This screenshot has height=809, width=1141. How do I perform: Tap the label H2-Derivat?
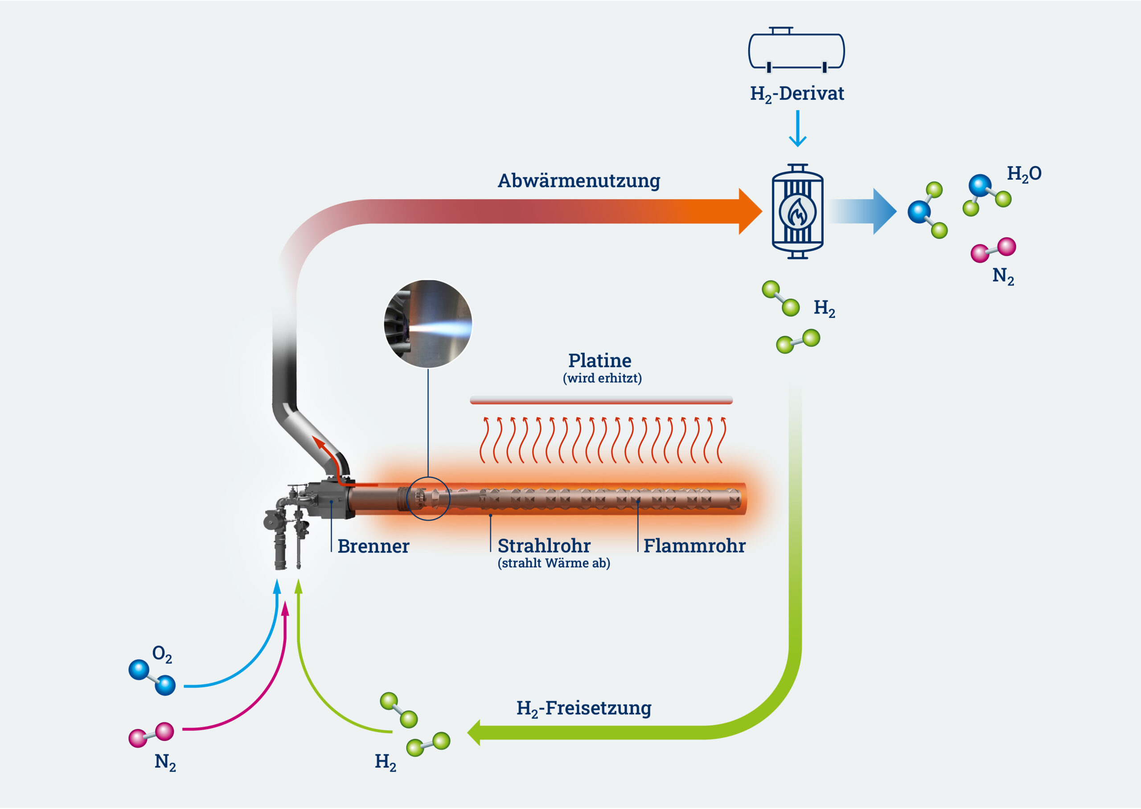[797, 94]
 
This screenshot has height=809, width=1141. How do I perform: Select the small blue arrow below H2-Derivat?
[797, 129]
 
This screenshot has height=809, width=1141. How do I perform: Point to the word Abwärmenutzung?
[579, 181]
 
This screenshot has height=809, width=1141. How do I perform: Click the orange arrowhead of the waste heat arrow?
[749, 212]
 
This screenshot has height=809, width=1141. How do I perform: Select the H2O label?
[1024, 174]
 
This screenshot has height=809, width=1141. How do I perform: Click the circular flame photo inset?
[428, 324]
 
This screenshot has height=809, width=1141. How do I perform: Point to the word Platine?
[599, 361]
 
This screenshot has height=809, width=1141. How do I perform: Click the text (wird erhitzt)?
[602, 378]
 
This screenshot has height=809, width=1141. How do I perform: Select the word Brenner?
[373, 546]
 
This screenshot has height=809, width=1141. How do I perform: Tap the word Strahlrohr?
[544, 546]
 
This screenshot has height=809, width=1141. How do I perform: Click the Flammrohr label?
[694, 546]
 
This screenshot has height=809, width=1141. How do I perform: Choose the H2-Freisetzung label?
[583, 708]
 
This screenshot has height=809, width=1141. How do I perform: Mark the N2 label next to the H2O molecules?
[1002, 276]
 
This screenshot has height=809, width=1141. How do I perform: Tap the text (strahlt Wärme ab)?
[554, 563]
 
